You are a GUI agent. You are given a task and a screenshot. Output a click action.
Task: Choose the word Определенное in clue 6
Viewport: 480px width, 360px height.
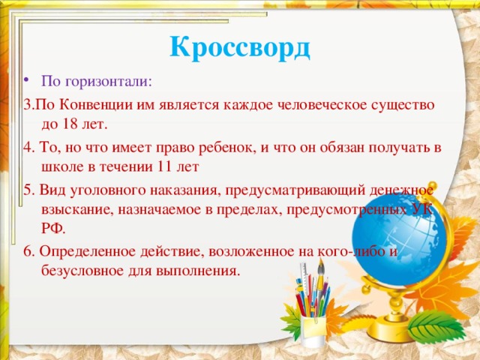click(x=84, y=250)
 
